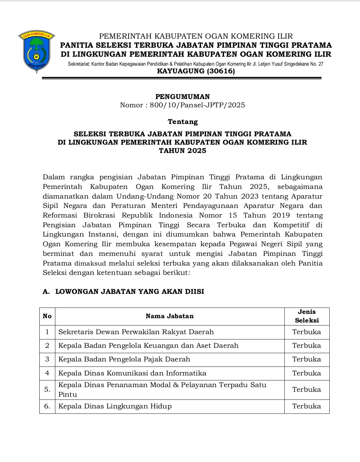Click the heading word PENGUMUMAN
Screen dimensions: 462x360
tap(182, 97)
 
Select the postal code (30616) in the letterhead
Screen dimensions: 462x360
tap(221, 71)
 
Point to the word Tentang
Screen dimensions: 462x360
tap(183, 122)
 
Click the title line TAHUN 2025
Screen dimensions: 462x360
tap(182, 151)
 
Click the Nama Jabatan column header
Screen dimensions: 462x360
tap(169, 316)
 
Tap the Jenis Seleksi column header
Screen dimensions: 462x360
tap(307, 316)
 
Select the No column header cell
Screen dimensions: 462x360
tap(47, 316)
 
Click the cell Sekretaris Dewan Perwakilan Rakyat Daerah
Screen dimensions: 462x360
tap(136, 332)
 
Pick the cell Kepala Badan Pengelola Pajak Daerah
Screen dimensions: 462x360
tap(124, 359)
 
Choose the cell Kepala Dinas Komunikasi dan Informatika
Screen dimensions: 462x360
tap(132, 373)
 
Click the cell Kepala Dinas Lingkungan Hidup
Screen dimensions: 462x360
tap(115, 406)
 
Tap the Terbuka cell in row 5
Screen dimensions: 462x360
tap(307, 389)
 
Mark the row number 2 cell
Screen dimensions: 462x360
tap(47, 346)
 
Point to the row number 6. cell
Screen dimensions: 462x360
tap(47, 406)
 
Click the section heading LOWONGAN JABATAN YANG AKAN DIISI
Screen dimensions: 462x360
tap(129, 292)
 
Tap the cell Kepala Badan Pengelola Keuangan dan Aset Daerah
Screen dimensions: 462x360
tap(148, 346)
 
